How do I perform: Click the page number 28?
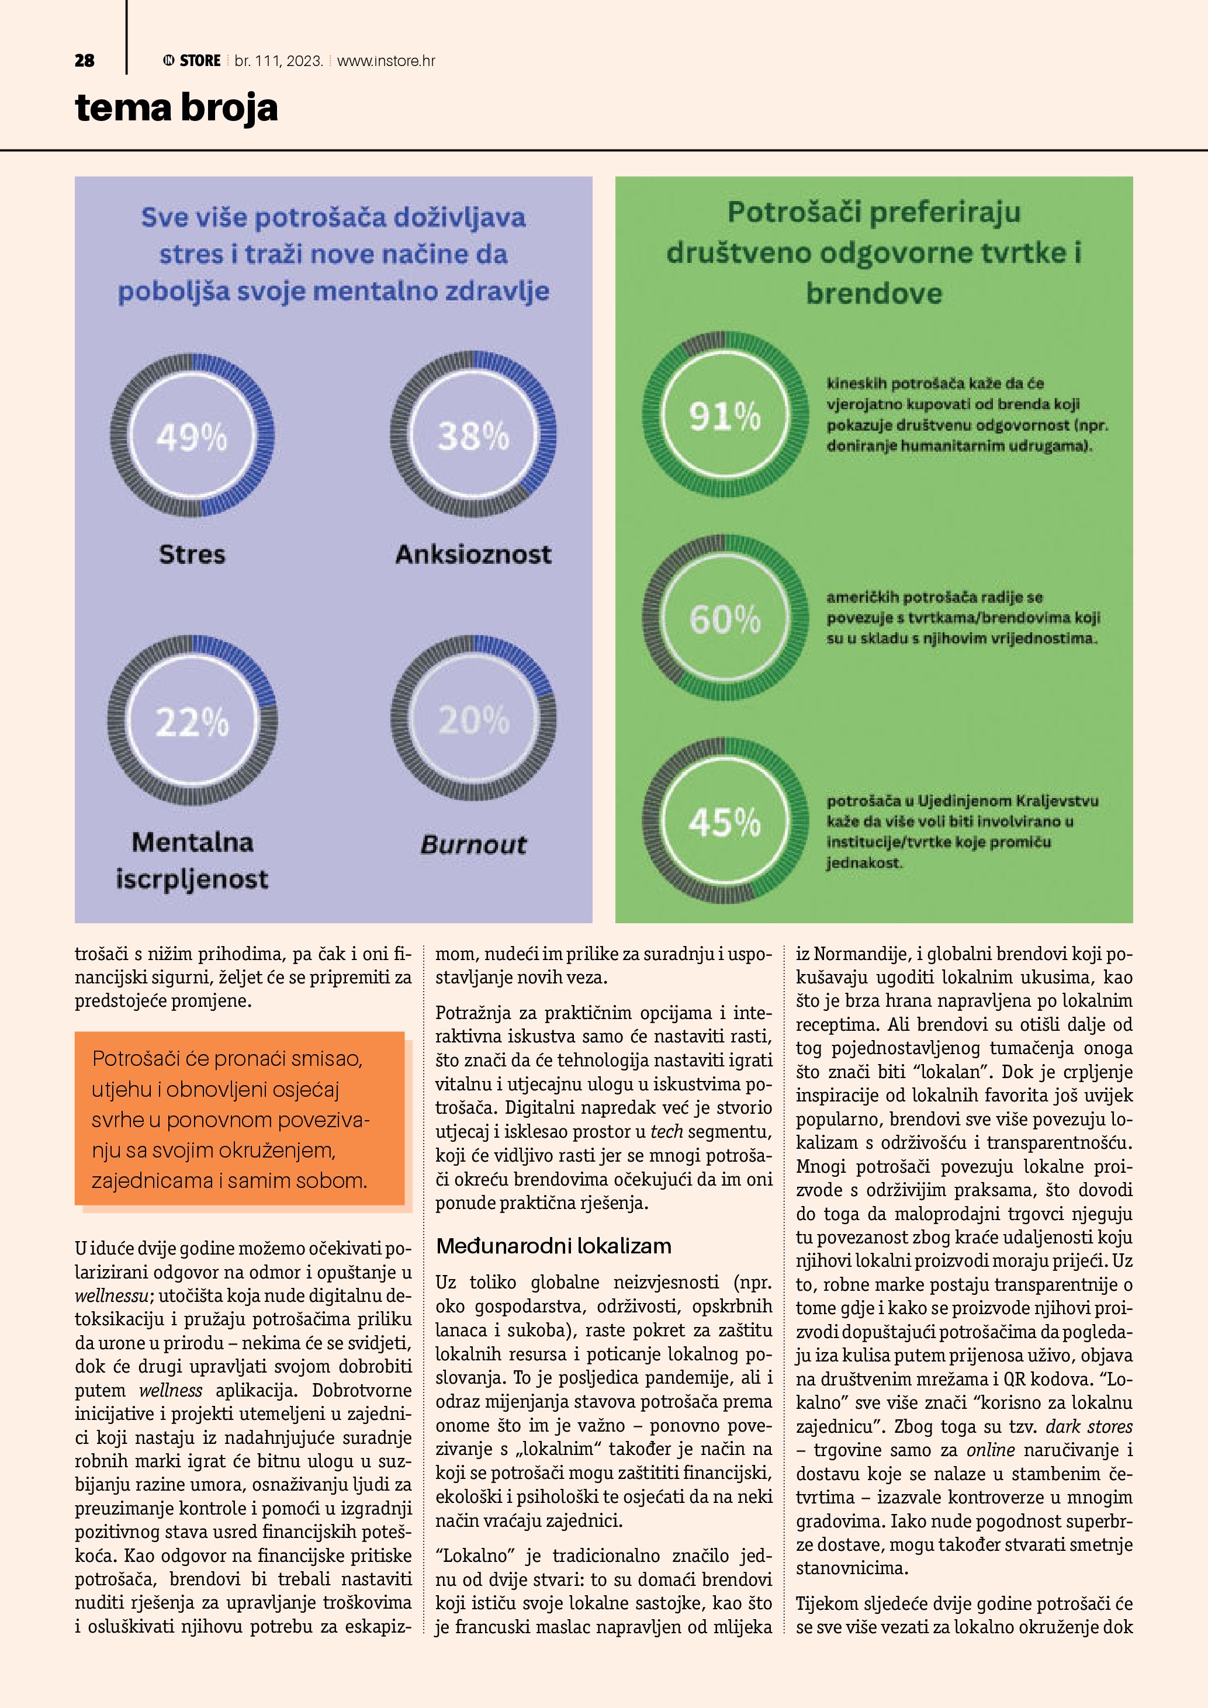(x=84, y=61)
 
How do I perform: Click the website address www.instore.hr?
(x=386, y=61)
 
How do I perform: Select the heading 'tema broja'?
(x=176, y=108)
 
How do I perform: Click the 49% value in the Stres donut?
(x=191, y=436)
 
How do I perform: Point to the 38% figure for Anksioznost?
(x=473, y=436)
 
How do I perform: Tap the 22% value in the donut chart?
(x=192, y=722)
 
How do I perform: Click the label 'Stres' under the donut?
(x=192, y=554)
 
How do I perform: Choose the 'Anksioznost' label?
(x=473, y=554)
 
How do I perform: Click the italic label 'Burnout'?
(x=473, y=844)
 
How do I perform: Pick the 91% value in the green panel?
(x=725, y=416)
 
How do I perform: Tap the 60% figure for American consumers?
(x=725, y=619)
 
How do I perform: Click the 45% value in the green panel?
(x=725, y=823)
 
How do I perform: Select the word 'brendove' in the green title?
(x=874, y=293)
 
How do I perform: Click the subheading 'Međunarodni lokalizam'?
(x=553, y=1246)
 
